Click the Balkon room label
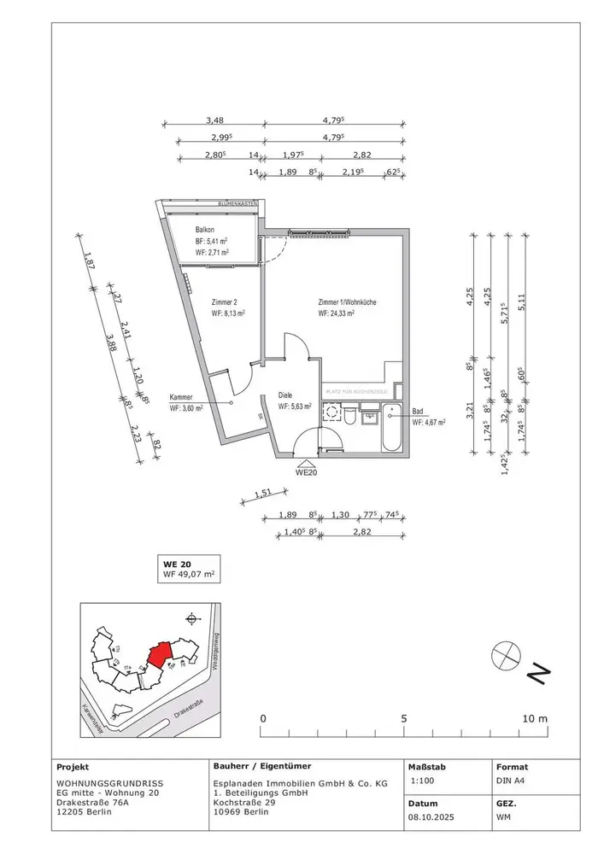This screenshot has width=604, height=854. pos(205,231)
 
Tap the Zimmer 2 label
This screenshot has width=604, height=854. pos(224,301)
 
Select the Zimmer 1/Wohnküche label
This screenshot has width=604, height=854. pos(347,303)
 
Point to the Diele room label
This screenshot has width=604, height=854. pos(287,395)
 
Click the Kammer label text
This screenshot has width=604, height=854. pos(181,398)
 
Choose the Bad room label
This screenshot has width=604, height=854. pos(418,411)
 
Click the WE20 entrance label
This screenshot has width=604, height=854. pos(307,471)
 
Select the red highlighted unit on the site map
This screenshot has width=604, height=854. pos(160,655)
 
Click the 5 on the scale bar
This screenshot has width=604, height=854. pos(404,718)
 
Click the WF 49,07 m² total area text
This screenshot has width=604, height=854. pos(192,576)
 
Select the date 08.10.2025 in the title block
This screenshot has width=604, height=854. pos(431,818)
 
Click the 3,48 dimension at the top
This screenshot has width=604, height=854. pos(220,121)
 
